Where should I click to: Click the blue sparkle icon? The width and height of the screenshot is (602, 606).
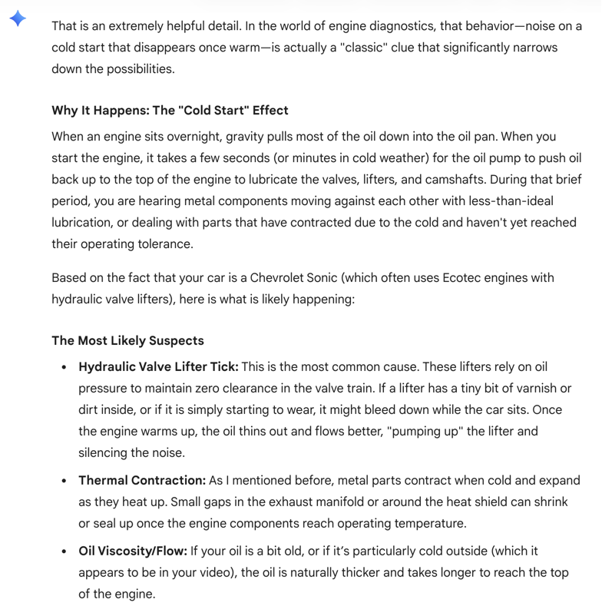pos(18,19)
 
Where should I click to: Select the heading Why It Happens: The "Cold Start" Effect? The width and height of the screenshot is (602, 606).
pos(170,110)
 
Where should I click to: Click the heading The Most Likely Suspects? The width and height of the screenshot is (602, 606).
pos(127,340)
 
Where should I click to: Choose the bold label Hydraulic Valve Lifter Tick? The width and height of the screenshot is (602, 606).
pos(158,367)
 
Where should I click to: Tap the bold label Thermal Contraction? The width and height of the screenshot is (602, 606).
pos(142,480)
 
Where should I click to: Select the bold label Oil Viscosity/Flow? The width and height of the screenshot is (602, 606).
pos(133,551)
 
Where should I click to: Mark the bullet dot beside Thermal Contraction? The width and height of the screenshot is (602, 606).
pos(64,481)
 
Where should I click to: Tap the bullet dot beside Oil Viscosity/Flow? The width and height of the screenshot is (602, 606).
pos(64,551)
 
